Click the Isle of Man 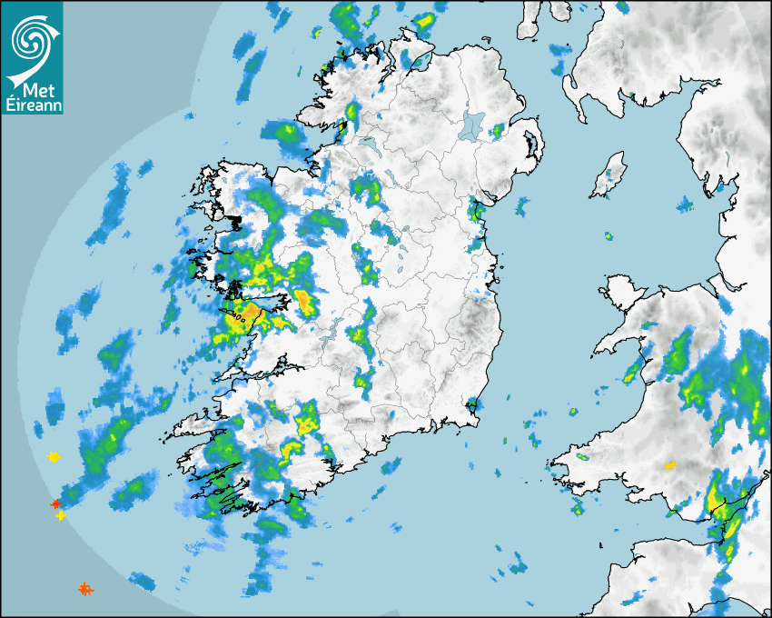pyautogui.click(x=609, y=175)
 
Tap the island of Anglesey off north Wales pyautogui.click(x=622, y=294)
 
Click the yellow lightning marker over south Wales pyautogui.click(x=670, y=465)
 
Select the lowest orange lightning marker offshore pyautogui.click(x=84, y=589)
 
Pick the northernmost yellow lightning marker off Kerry pyautogui.click(x=54, y=456)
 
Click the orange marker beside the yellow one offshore pyautogui.click(x=55, y=503)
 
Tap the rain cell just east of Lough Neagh pyautogui.click(x=498, y=131)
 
